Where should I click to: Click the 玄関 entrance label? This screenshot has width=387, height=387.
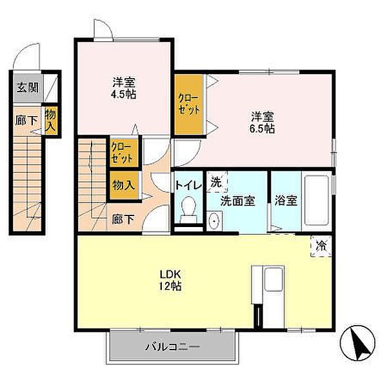click(27, 87)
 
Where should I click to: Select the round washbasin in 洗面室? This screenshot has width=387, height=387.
click(213, 221)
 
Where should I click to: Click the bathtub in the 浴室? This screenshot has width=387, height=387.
click(316, 200)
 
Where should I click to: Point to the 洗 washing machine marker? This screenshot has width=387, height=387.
click(217, 182)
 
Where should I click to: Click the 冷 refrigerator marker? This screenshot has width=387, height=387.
click(321, 246)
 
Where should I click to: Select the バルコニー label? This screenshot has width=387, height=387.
click(172, 347)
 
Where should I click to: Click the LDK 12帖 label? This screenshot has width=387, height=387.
click(170, 280)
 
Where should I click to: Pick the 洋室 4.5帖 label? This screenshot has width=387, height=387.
click(124, 88)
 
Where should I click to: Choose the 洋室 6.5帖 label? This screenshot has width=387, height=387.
click(263, 123)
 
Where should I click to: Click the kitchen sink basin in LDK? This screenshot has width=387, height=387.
click(273, 279)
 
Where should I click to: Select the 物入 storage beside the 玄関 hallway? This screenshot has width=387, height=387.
click(51, 120)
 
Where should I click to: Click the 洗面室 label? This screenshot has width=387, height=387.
click(237, 201)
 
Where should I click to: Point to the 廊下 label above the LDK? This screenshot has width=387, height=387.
click(123, 219)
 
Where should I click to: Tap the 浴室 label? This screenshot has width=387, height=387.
click(286, 201)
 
